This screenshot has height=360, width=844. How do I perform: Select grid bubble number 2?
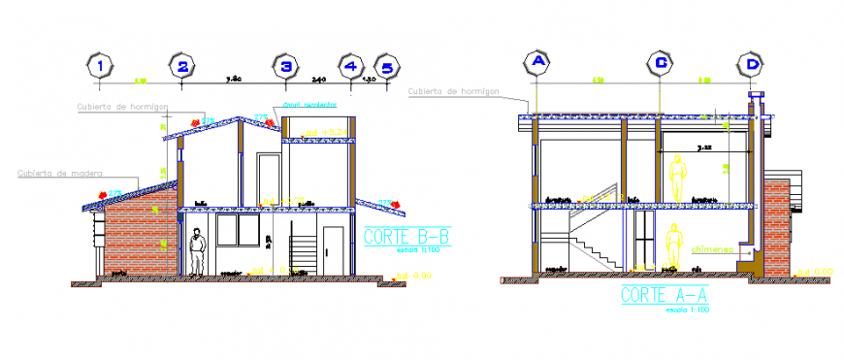(183, 66)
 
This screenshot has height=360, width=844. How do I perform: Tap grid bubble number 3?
(285, 66)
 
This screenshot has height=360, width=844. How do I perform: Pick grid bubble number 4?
(351, 66)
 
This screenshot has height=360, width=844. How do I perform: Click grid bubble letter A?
(536, 61)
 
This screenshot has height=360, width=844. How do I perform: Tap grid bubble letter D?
(751, 64)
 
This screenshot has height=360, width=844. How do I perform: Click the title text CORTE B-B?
(406, 235)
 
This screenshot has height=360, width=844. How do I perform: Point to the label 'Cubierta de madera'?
(55, 174)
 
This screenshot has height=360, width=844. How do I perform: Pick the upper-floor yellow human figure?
(676, 177)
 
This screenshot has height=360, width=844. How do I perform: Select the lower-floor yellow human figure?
(673, 248)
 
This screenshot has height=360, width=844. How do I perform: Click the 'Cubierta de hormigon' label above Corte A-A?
(454, 91)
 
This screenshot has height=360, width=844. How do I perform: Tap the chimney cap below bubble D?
(753, 95)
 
